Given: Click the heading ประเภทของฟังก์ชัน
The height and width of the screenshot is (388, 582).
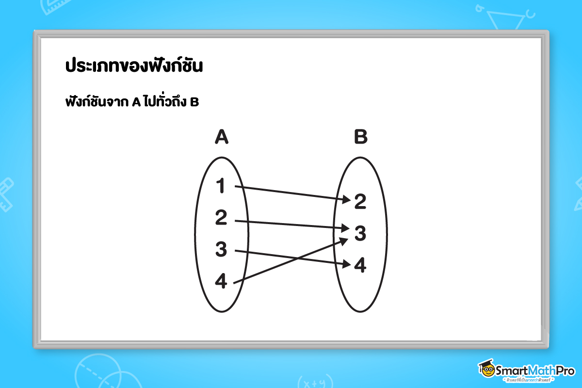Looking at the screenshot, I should pyautogui.click(x=133, y=66).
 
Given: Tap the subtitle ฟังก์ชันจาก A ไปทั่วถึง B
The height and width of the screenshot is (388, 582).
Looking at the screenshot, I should pyautogui.click(x=131, y=103).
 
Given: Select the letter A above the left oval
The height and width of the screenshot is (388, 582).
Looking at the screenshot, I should pyautogui.click(x=221, y=138).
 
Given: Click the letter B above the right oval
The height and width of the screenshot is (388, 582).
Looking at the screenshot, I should pyautogui.click(x=361, y=138).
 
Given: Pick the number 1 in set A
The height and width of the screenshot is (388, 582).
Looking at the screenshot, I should pyautogui.click(x=221, y=186).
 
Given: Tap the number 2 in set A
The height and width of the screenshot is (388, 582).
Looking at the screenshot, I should pyautogui.click(x=221, y=219).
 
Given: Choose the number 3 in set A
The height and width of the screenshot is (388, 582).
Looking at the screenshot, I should pyautogui.click(x=221, y=250).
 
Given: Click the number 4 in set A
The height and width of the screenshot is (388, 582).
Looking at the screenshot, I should pyautogui.click(x=221, y=282).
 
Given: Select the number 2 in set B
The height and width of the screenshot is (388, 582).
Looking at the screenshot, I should pyautogui.click(x=360, y=202).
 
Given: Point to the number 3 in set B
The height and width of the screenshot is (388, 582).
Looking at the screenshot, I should pyautogui.click(x=360, y=233).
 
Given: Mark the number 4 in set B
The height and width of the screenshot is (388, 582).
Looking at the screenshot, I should pyautogui.click(x=360, y=265).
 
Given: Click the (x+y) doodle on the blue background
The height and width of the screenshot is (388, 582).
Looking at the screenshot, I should pyautogui.click(x=311, y=381).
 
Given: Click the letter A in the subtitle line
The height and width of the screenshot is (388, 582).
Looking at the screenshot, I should pyautogui.click(x=136, y=103).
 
